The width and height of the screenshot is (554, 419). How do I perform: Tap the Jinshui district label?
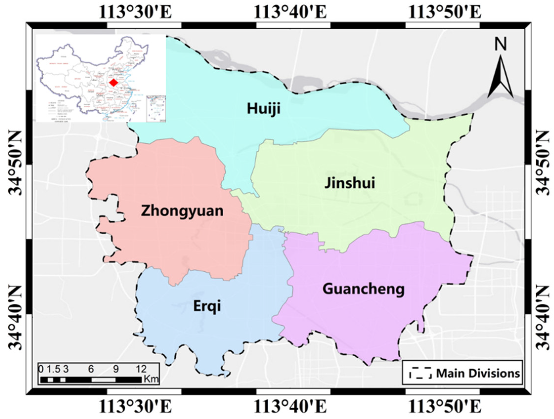tap(350, 183)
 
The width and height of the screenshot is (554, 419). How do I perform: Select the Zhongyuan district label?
tap(182, 211)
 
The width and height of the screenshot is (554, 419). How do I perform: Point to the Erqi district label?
tap(207, 306)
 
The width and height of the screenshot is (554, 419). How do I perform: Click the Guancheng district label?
tap(363, 289)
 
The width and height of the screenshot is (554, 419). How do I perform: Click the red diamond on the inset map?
tap(114, 83)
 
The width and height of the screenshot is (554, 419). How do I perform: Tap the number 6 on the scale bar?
tap(91, 369)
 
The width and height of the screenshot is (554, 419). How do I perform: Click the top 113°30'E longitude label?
tap(135, 12)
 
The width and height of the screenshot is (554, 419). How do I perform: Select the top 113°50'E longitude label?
tap(445, 12)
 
